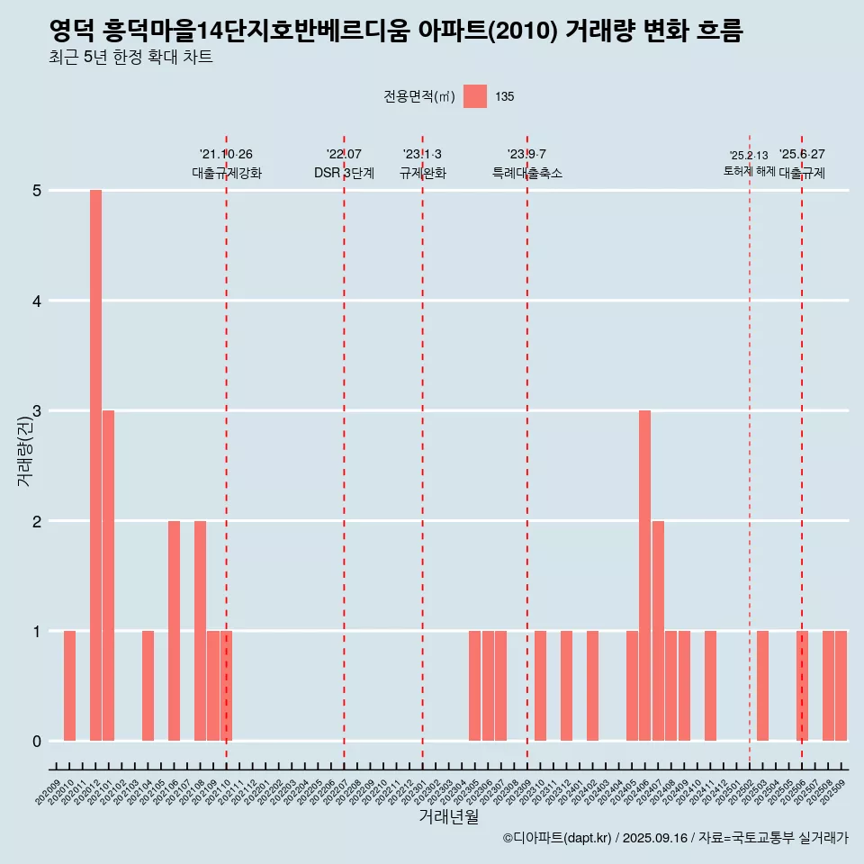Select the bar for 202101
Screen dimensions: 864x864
point(108,576)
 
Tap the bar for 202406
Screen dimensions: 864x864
point(644,576)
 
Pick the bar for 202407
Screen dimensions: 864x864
point(658,631)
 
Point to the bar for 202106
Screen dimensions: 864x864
point(174,631)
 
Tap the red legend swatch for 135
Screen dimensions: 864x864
point(475,96)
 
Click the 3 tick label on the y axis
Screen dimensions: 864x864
point(38,411)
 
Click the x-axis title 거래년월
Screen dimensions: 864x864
point(448,817)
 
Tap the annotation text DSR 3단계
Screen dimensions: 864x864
point(344,173)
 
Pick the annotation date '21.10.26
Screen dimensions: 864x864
point(226,154)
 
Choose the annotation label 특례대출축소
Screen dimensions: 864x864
point(527,173)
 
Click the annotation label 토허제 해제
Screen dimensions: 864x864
point(749,171)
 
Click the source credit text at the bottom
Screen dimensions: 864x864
point(675,838)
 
